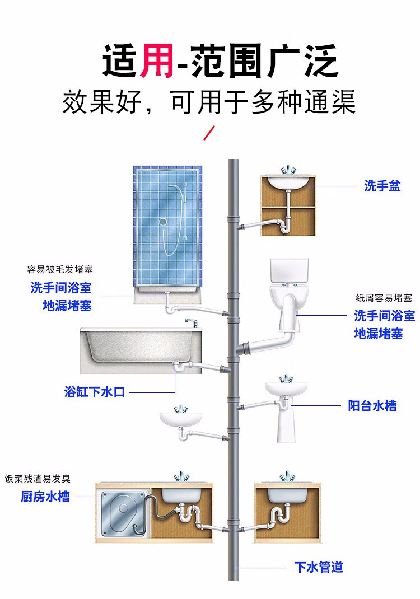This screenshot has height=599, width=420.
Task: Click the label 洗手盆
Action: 382,186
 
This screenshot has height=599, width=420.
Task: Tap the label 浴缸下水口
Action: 95,392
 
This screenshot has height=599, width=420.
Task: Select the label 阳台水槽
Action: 372,406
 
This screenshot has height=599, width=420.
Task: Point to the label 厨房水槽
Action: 45,496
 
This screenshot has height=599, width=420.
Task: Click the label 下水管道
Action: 319,567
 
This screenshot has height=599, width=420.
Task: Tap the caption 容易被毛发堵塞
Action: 60,269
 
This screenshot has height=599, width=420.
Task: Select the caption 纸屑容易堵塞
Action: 384,298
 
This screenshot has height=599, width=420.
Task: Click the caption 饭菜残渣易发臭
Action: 38,479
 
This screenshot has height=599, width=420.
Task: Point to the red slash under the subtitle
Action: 209,133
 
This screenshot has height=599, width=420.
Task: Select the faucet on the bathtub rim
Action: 192,323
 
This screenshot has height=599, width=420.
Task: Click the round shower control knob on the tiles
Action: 164,222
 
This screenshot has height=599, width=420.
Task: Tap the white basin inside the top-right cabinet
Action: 287,182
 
